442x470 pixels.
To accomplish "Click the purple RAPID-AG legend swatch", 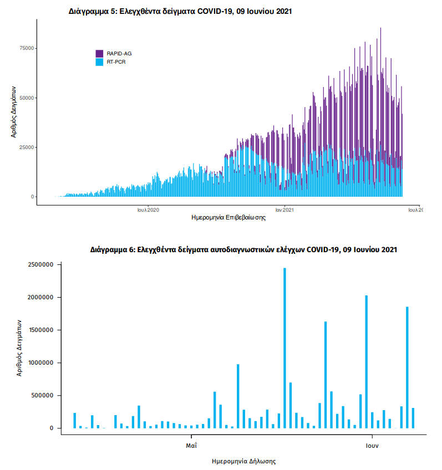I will [100, 53].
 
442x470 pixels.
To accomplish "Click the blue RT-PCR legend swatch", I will [100, 62].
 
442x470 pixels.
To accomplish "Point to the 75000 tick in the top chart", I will [27, 48].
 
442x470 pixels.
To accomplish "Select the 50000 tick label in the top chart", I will [27, 98].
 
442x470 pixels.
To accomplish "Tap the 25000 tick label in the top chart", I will [27, 147].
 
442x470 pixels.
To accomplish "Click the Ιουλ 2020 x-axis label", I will [149, 210].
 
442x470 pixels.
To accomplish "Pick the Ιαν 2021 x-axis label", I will [284, 210].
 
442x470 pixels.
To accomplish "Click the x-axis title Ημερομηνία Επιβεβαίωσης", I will [228, 218].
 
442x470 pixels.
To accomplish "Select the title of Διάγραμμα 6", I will [243, 250].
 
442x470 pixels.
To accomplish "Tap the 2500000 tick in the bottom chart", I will [40, 265].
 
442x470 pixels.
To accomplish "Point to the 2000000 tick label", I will [40, 298].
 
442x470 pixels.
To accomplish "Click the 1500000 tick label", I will [40, 330].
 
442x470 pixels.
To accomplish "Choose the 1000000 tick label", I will [40, 363].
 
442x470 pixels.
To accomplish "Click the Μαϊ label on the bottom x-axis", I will [191, 445].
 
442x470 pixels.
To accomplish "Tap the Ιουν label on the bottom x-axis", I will [372, 445].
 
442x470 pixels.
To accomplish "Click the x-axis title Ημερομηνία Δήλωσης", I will [244, 461].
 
